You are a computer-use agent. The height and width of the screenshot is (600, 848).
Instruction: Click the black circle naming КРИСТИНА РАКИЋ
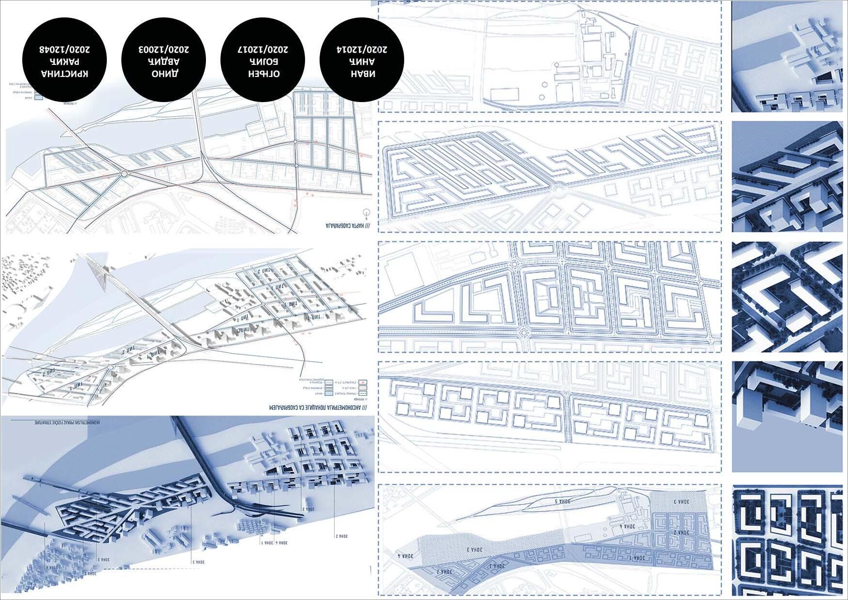pyautogui.click(x=64, y=60)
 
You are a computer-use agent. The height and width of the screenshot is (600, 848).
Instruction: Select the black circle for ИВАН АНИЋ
pyautogui.click(x=362, y=60)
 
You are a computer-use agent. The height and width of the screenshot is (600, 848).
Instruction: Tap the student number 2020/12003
pyautogui.click(x=163, y=49)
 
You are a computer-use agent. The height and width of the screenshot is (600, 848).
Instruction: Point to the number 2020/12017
pyautogui.click(x=263, y=49)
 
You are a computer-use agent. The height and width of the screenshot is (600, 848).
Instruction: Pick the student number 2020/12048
pyautogui.click(x=64, y=49)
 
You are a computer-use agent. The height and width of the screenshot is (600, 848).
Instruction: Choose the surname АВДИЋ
pyautogui.click(x=164, y=62)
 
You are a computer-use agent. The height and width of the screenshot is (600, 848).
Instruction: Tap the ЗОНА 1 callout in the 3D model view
pyautogui.click(x=267, y=543)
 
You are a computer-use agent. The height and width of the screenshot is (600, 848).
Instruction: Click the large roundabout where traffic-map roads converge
pyautogui.click(x=124, y=173)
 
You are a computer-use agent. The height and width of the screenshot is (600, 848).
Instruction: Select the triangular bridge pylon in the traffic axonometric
pyautogui.click(x=98, y=273)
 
